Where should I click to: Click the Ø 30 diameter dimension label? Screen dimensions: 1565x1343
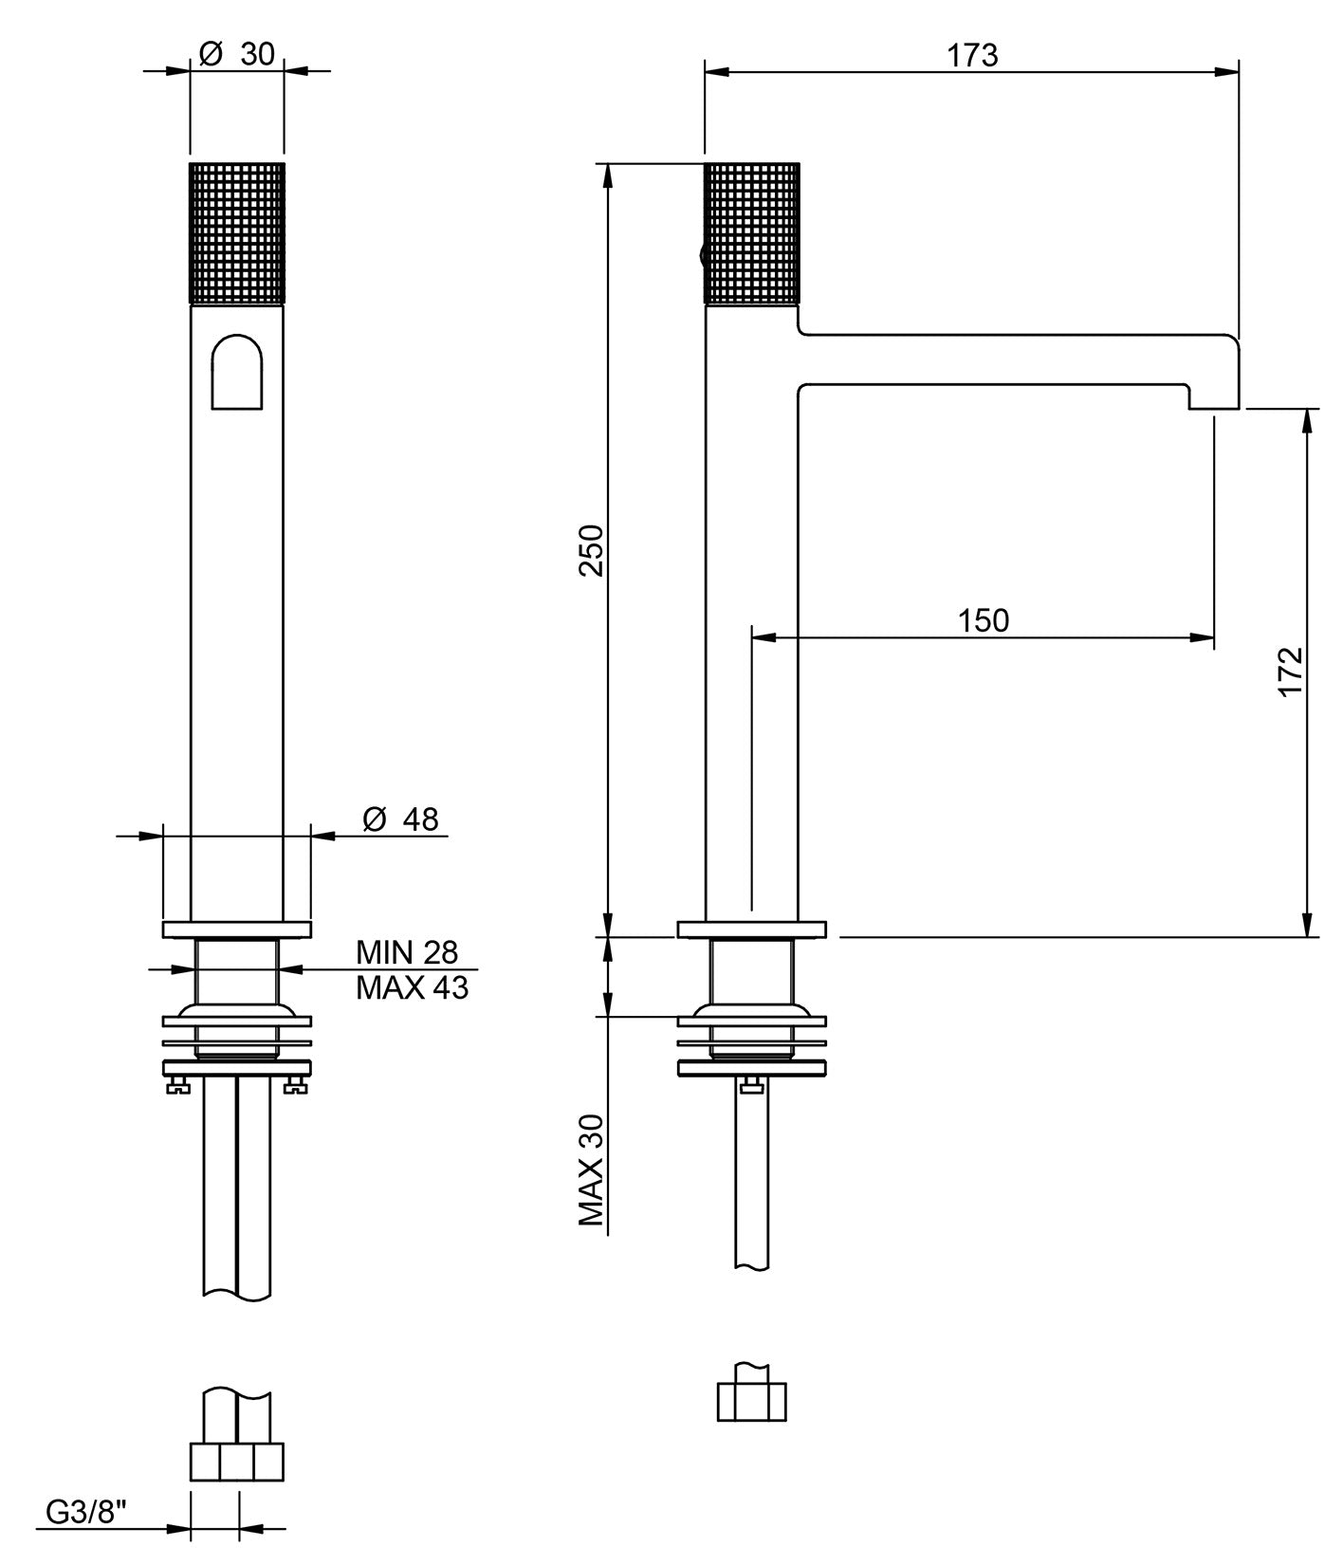pyautogui.click(x=238, y=55)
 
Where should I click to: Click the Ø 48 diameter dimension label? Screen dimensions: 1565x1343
pyautogui.click(x=401, y=819)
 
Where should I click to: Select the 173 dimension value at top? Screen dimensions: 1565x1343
pyautogui.click(x=972, y=56)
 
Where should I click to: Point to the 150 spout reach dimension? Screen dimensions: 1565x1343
pyautogui.click(x=983, y=620)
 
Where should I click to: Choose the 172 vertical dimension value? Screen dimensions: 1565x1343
pyautogui.click(x=1291, y=672)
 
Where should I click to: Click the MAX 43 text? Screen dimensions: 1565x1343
pyautogui.click(x=412, y=988)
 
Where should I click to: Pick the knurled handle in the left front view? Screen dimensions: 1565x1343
pyautogui.click(x=236, y=233)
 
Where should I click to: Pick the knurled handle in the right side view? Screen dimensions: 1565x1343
pyautogui.click(x=752, y=233)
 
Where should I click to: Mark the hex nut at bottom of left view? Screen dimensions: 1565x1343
pyautogui.click(x=236, y=1462)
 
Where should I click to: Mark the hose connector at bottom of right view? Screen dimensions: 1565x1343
pyautogui.click(x=751, y=1401)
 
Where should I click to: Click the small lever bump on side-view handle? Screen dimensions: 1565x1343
pyautogui.click(x=701, y=254)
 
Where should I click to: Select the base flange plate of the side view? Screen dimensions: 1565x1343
pyautogui.click(x=751, y=929)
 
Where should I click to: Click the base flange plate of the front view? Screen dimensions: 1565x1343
pyautogui.click(x=236, y=929)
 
